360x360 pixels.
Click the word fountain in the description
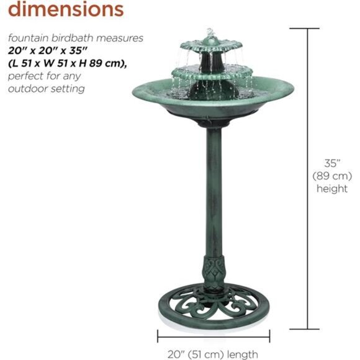coord(29,38)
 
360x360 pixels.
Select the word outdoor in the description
coord(27,89)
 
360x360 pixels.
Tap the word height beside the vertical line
coord(332,189)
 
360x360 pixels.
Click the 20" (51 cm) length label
coord(212,354)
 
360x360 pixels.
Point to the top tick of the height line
coord(307,28)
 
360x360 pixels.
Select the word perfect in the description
coord(25,76)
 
